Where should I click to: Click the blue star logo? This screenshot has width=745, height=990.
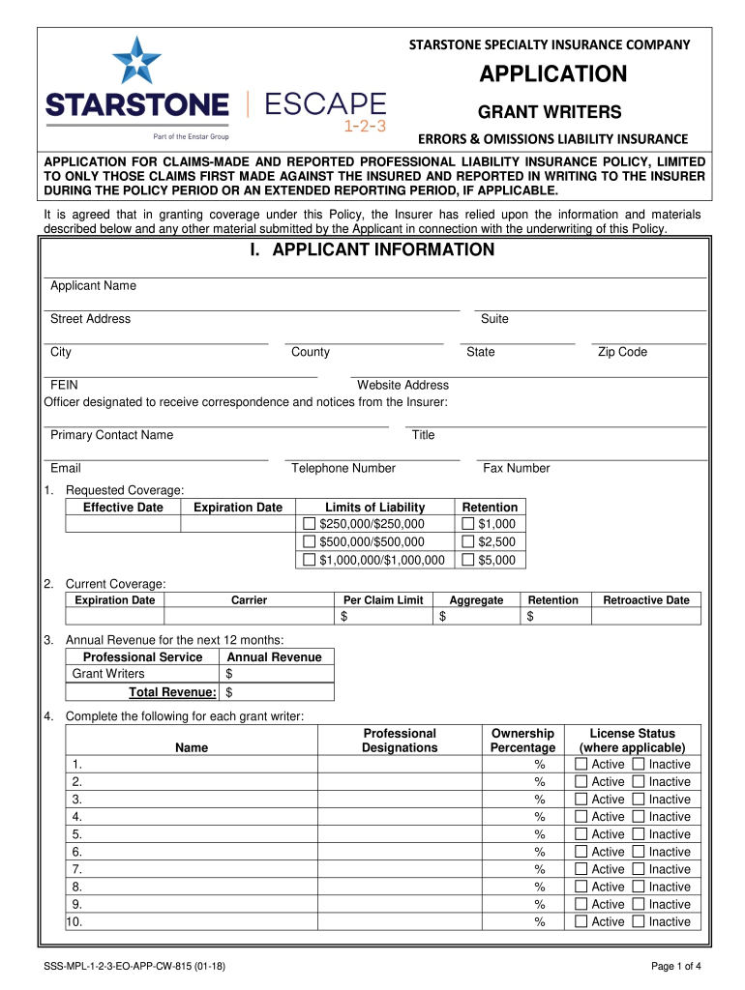coord(136,59)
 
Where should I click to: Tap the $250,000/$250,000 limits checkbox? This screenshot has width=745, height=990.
coord(310,524)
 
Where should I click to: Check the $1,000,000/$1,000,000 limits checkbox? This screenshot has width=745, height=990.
coord(310,560)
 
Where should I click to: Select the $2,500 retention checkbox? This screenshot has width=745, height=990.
coord(468,542)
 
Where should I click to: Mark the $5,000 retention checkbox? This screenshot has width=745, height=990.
coord(468,560)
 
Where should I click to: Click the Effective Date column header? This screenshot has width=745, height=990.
coord(123,508)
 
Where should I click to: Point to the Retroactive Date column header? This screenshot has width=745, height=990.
coord(645,600)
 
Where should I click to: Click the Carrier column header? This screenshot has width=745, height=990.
coord(249,600)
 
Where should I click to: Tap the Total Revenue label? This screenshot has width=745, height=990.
coord(172,692)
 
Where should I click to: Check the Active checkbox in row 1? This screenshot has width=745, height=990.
coord(581,765)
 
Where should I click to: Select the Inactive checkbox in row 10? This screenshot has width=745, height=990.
coord(638,921)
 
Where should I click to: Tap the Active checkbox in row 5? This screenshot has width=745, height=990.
coord(581,834)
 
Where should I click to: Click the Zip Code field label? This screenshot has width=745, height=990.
coord(622,352)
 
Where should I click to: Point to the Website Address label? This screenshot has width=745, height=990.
coord(402,385)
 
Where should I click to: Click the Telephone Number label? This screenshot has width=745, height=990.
coord(343,468)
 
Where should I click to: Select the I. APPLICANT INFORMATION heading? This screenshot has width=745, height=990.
coord(372,250)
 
